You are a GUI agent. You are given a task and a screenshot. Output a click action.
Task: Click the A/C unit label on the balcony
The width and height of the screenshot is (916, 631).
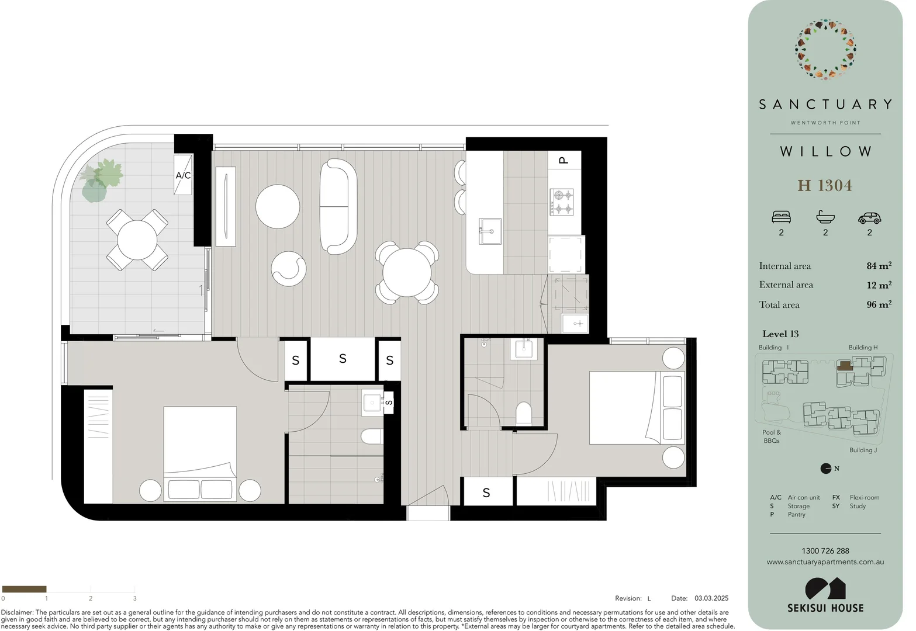pos(183,175)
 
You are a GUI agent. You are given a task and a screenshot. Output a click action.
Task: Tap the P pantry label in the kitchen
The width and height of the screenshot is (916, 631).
pos(564,160)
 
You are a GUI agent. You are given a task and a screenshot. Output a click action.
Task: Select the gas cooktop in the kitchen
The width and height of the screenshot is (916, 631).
pos(564,202)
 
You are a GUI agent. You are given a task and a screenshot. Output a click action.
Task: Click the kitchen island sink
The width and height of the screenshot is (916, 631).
pos(490,231)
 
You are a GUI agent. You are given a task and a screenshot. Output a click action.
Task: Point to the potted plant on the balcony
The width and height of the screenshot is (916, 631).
pos(101,179)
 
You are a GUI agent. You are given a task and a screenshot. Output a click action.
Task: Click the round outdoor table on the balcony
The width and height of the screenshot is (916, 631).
pos(137,240)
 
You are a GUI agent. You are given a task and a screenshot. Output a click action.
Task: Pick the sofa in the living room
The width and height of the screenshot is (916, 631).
pos(338,206)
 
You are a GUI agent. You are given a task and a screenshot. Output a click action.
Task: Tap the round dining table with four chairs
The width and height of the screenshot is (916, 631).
pos(407,272)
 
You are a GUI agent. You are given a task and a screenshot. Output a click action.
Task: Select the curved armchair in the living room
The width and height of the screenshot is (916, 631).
pos(289,269)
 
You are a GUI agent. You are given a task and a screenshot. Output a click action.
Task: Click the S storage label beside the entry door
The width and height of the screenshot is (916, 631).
pos(486,493)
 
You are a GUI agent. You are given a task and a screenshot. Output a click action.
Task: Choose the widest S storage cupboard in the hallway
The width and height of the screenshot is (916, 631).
pos(343,359)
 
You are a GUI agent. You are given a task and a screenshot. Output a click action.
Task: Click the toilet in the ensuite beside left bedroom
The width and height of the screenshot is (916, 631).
pos(372,436)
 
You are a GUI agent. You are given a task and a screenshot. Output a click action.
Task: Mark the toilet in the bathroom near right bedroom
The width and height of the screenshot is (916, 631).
pos(524,413)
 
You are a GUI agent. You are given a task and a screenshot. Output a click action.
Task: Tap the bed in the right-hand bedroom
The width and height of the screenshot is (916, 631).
pos(636,407)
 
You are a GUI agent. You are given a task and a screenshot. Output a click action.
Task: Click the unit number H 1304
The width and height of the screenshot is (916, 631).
pos(825,186)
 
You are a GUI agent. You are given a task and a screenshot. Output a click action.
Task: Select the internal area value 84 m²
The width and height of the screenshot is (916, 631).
pos(879,266)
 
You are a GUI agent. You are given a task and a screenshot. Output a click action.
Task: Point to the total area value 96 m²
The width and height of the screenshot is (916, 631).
pos(879,304)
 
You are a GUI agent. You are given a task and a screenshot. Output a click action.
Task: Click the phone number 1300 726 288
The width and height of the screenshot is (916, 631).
pos(825,551)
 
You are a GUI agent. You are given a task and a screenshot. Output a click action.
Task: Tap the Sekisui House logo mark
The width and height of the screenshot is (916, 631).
pos(825,588)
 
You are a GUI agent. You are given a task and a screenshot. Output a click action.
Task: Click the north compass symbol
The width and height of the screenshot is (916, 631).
pos(826,468)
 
